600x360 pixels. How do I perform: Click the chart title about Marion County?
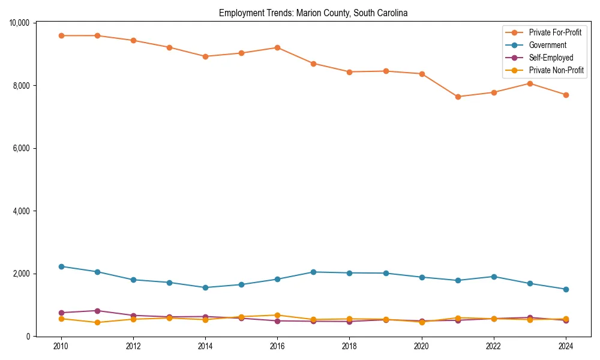(313, 13)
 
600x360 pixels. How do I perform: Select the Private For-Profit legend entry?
(555, 32)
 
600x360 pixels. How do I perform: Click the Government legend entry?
(547, 45)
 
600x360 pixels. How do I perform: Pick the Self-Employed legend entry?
(551, 58)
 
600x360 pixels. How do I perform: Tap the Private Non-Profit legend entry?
(556, 70)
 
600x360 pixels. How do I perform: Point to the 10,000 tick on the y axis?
(20, 23)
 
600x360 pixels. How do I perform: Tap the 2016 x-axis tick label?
(277, 346)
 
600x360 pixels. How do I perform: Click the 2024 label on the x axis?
(566, 346)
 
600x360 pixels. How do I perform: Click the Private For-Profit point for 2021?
(458, 97)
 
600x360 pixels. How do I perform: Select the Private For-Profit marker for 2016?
(277, 47)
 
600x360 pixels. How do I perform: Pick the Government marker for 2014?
(205, 287)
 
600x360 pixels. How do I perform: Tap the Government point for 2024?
(566, 289)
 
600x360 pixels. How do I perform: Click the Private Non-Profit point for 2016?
(277, 315)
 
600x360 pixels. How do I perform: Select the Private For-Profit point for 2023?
(530, 83)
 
